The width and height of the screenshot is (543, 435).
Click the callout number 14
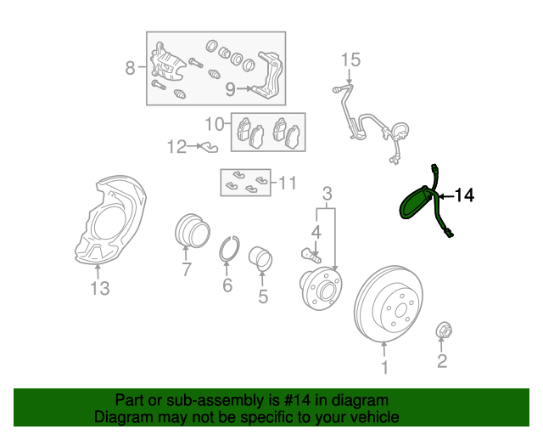coord(464,195)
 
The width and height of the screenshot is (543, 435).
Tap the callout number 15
coord(350,60)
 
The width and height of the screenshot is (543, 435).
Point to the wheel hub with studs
coord(321,288)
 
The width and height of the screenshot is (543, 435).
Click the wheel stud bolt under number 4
coord(311,256)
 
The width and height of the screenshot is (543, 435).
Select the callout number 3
coord(327,194)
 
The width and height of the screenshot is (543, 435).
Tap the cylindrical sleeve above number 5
coord(260,258)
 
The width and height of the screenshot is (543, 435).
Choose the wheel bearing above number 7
coord(193,231)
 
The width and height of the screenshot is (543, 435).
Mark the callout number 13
coord(100,288)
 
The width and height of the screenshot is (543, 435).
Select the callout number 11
coord(288,183)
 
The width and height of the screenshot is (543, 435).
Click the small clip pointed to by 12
coord(209,147)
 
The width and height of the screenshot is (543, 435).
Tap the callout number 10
coord(215,124)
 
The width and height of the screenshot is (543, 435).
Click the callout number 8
coord(130,68)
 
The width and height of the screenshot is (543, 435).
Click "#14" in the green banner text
coord(297,400)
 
